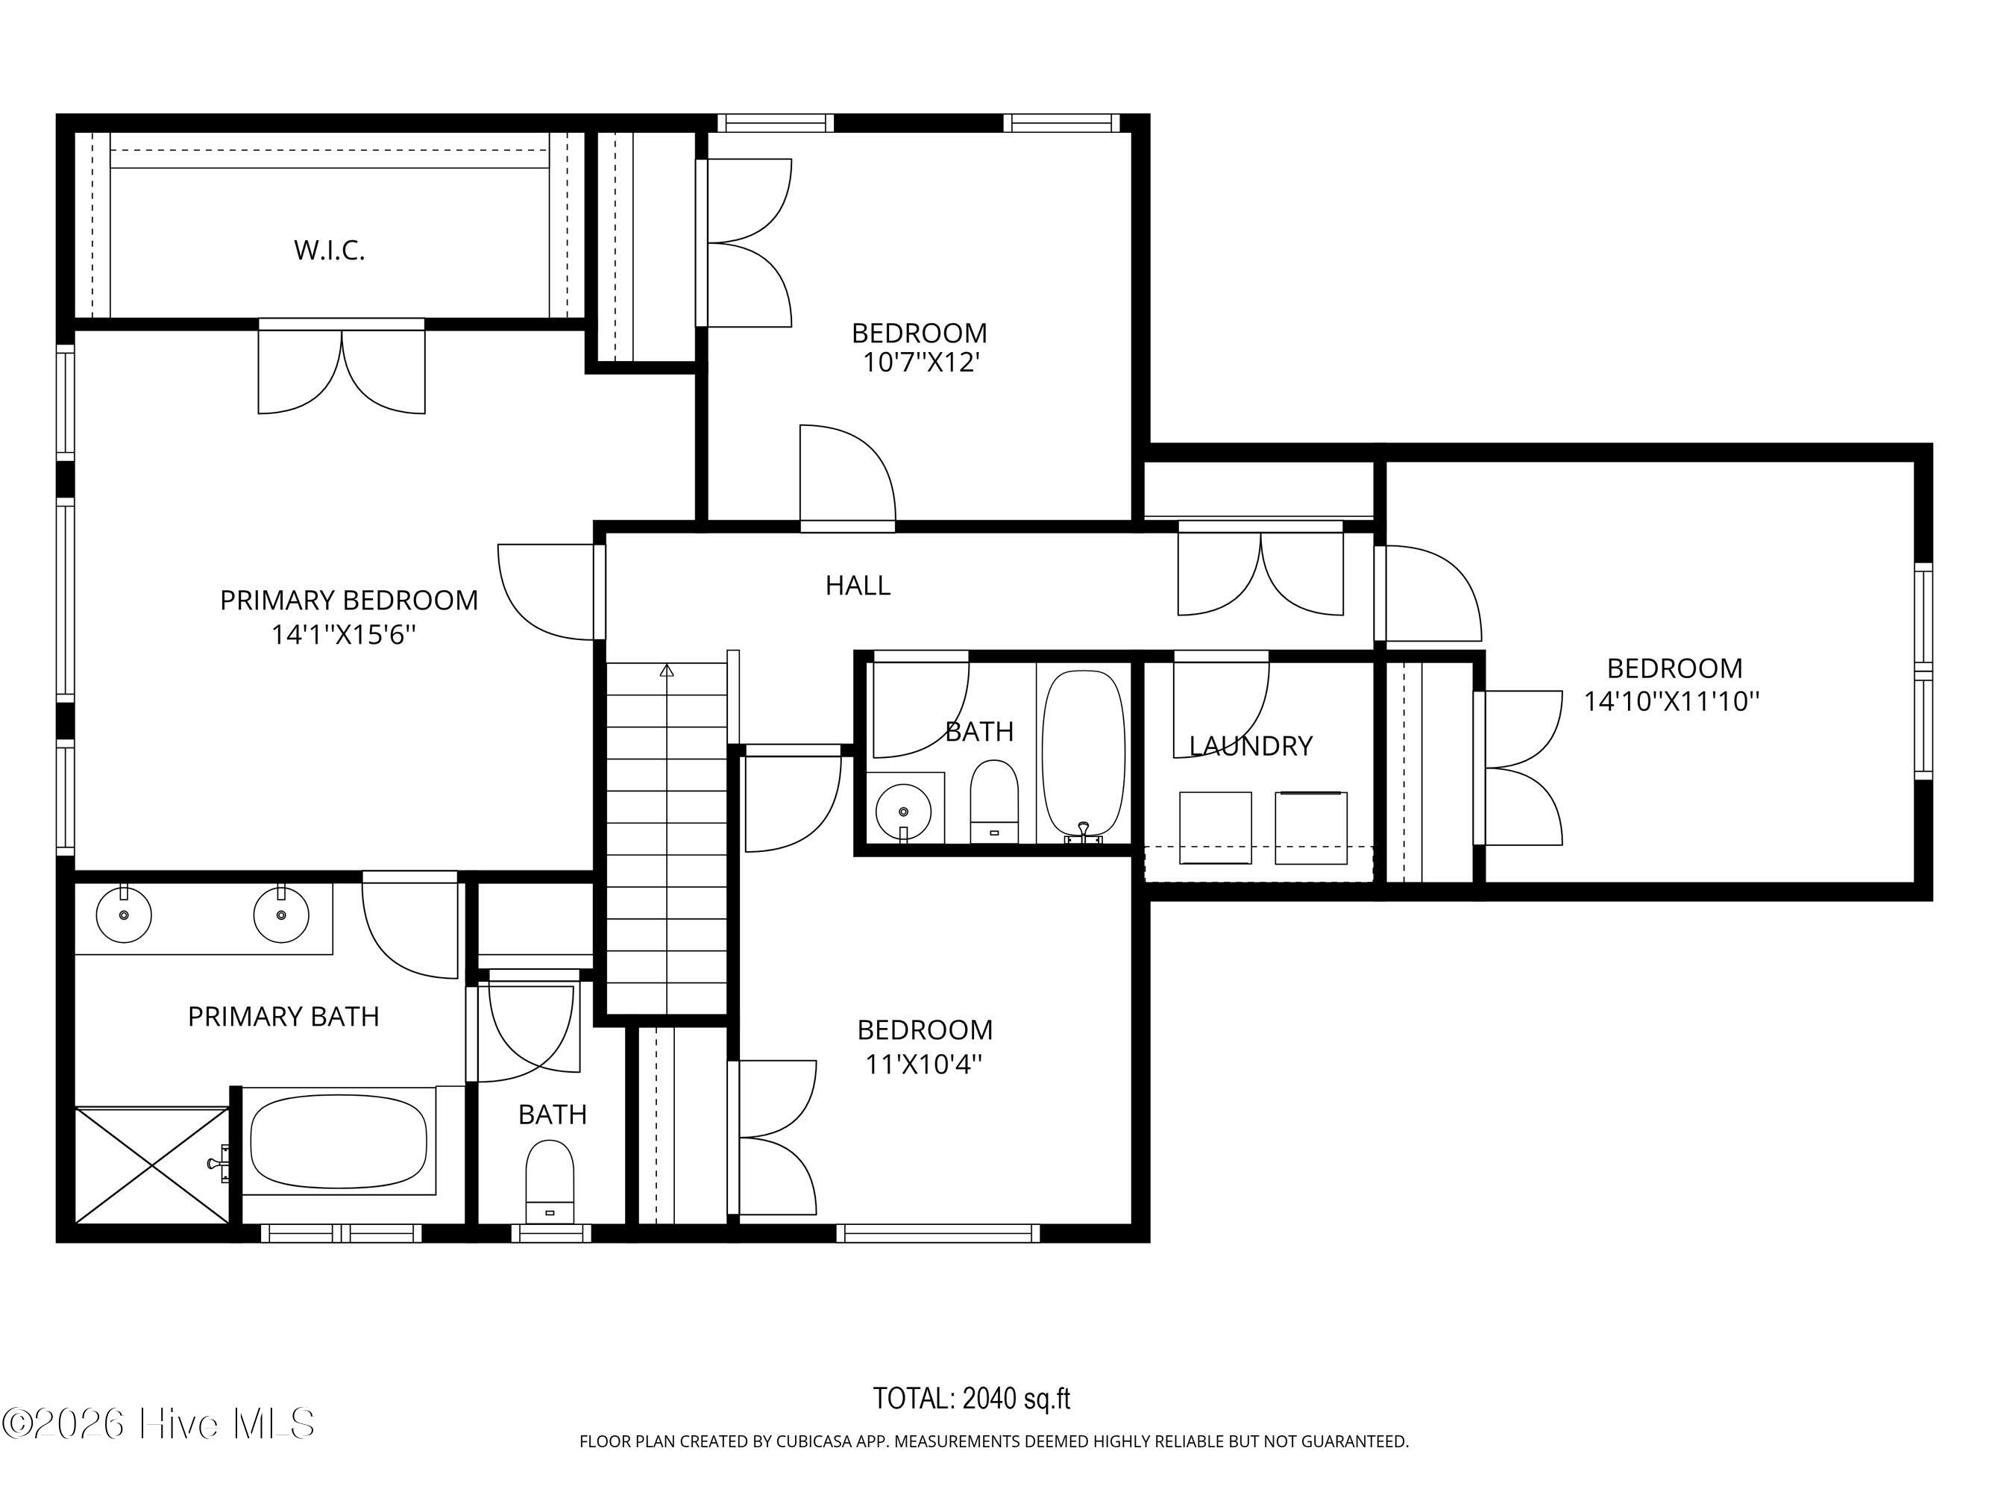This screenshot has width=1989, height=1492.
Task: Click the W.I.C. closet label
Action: tap(329, 250)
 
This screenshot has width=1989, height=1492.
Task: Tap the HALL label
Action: tap(858, 586)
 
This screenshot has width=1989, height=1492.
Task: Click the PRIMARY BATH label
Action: tap(283, 1016)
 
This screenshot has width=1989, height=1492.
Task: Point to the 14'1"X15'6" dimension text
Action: tap(344, 635)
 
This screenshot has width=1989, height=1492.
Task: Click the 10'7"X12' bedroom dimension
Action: tap(920, 363)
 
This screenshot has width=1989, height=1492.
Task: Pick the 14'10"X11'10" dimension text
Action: tap(1671, 700)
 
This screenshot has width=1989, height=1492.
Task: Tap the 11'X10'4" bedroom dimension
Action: tap(923, 1064)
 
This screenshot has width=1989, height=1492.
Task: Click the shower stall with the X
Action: tap(152, 1165)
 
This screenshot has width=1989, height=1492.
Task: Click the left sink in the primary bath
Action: tap(124, 915)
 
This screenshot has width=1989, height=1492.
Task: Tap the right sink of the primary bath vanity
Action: tap(281, 915)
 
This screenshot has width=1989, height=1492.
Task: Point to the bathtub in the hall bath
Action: tap(1084, 756)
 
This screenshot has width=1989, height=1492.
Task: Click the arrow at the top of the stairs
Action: tap(666, 670)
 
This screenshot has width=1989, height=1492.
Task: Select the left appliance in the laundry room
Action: tap(1215, 827)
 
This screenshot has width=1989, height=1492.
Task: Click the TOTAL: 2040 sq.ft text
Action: tap(971, 1399)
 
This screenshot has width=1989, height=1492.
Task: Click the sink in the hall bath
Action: tap(904, 811)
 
